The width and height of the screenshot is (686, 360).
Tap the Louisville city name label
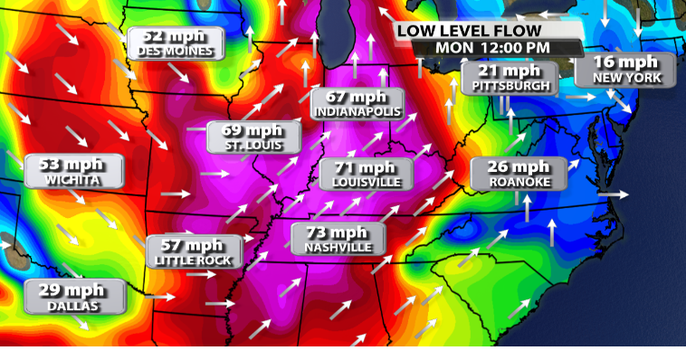coord(366,182)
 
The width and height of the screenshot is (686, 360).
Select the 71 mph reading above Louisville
coord(366,166)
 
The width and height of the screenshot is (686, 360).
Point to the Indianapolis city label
coord(357,111)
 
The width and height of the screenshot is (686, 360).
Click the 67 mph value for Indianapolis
coord(357,96)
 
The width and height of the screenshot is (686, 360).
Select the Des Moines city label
coord(176,52)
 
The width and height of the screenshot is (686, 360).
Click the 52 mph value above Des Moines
coord(176,36)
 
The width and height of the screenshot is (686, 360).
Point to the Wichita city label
coord(74,180)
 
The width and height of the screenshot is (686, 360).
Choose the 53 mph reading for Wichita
coord(74,164)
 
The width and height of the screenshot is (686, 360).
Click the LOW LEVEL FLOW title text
coord(475,30)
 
